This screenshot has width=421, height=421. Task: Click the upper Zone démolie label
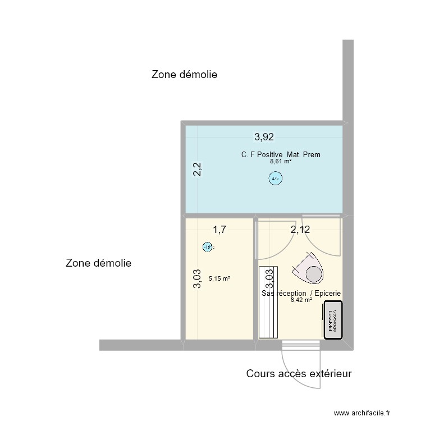[184, 75]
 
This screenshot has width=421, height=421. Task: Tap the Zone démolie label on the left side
[98, 263]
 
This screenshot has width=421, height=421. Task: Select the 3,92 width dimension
[264, 136]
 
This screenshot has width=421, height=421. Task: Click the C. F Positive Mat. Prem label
[281, 154]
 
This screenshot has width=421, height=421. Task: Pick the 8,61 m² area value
[281, 161]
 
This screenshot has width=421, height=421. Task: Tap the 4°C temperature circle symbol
[275, 180]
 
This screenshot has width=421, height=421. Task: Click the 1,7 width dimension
[219, 228]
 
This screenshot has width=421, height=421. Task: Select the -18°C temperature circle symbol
[207, 246]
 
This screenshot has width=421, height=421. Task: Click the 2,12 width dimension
[299, 229]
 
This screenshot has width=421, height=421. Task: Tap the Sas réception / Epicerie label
[301, 294]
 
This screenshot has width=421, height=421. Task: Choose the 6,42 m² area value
[301, 300]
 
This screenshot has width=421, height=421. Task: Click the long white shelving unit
[268, 302]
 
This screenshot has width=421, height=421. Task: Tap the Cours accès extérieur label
[299, 373]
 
